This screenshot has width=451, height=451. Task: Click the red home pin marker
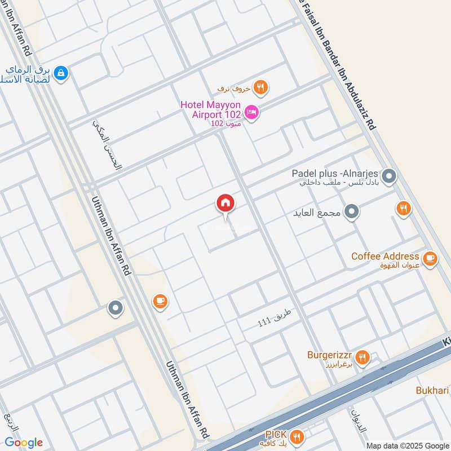click(225, 204)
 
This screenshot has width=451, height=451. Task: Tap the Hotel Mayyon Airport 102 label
click(210, 110)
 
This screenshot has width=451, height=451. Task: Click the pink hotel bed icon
click(252, 112)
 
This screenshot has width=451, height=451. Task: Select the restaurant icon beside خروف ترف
click(260, 87)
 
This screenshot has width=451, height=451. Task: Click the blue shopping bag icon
click(61, 73)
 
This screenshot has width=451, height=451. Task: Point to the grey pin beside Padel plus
click(388, 177)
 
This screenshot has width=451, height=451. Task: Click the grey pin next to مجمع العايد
click(352, 212)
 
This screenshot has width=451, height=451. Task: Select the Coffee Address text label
click(385, 256)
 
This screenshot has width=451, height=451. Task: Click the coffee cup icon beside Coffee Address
click(430, 258)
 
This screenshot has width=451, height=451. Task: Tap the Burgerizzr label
click(330, 355)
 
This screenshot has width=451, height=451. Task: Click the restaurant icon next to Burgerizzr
click(363, 356)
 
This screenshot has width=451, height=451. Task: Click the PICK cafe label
click(276, 435)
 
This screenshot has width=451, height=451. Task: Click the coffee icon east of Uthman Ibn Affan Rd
click(160, 302)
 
